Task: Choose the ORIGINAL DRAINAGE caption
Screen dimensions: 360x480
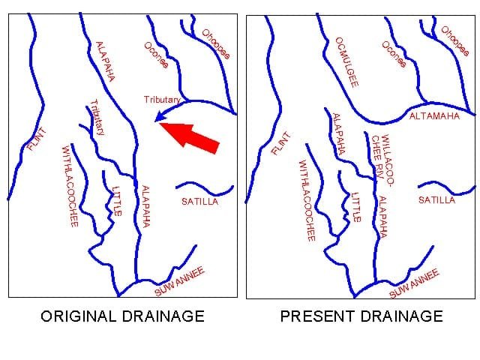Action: coord(121,316)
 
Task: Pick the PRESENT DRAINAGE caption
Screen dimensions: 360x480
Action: coord(361,316)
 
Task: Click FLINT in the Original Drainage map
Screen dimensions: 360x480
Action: coord(36,139)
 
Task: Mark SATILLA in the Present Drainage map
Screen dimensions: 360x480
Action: coord(436,200)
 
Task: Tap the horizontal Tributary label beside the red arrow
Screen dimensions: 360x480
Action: coord(163,100)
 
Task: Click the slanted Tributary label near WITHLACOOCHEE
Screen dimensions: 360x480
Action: coord(96,117)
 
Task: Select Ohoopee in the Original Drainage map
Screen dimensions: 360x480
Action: coord(215,43)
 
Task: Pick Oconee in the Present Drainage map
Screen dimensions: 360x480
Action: coord(394,54)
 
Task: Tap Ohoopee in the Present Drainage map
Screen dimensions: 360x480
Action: coord(454,42)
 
